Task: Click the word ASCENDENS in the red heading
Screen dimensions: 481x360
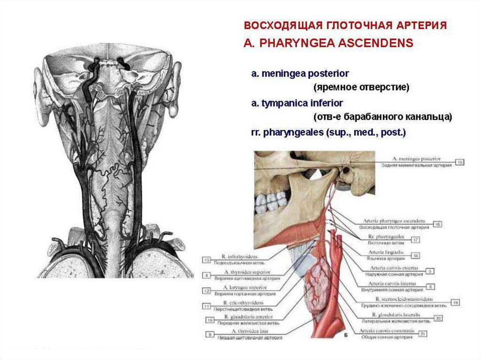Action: click(x=376, y=43)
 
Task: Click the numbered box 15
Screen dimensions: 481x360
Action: click(x=460, y=162)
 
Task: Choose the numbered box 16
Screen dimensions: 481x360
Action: click(x=437, y=224)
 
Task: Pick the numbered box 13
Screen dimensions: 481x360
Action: click(x=207, y=259)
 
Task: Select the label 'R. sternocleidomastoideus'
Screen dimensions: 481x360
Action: click(x=404, y=299)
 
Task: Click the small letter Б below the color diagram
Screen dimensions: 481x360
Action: click(x=345, y=336)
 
